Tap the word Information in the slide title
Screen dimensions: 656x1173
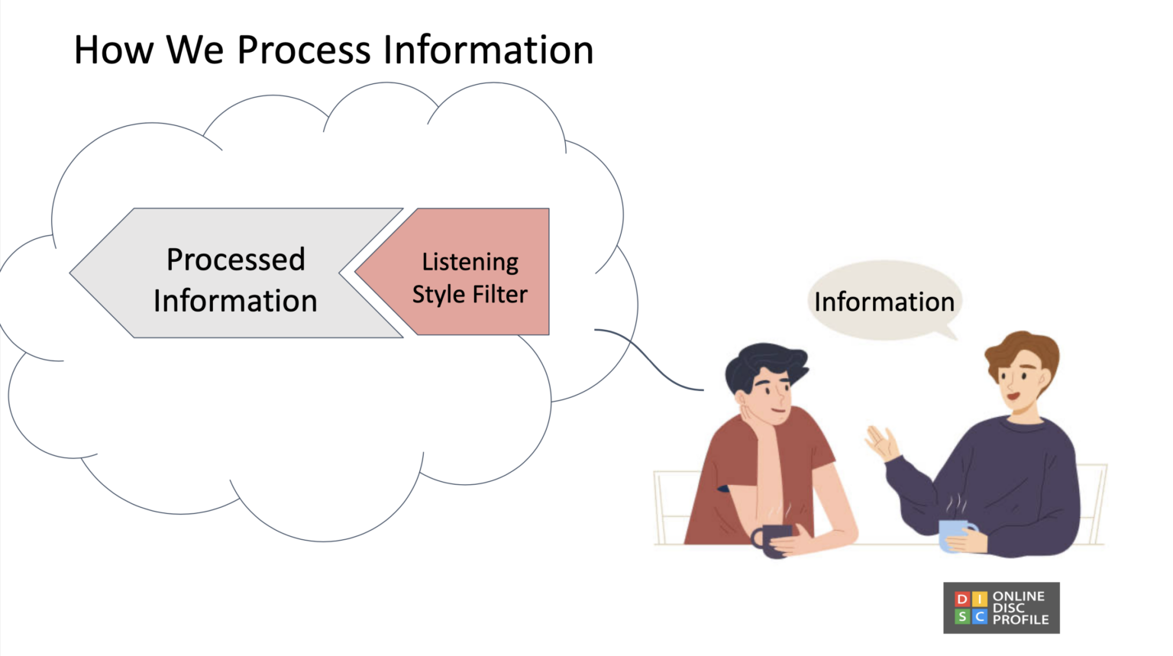point(488,50)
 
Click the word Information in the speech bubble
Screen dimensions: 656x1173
point(884,302)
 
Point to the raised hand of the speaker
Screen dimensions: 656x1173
point(882,442)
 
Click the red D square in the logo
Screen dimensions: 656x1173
point(962,599)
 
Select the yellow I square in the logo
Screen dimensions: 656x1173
point(980,599)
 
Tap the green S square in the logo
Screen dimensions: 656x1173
point(962,616)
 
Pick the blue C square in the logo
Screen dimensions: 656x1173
point(980,616)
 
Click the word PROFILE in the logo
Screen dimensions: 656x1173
point(1020,619)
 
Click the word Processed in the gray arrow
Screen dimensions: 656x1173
point(235,260)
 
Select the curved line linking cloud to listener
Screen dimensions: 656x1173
point(649,359)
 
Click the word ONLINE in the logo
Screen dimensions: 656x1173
point(1018,596)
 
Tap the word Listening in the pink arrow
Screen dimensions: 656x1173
point(470,262)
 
